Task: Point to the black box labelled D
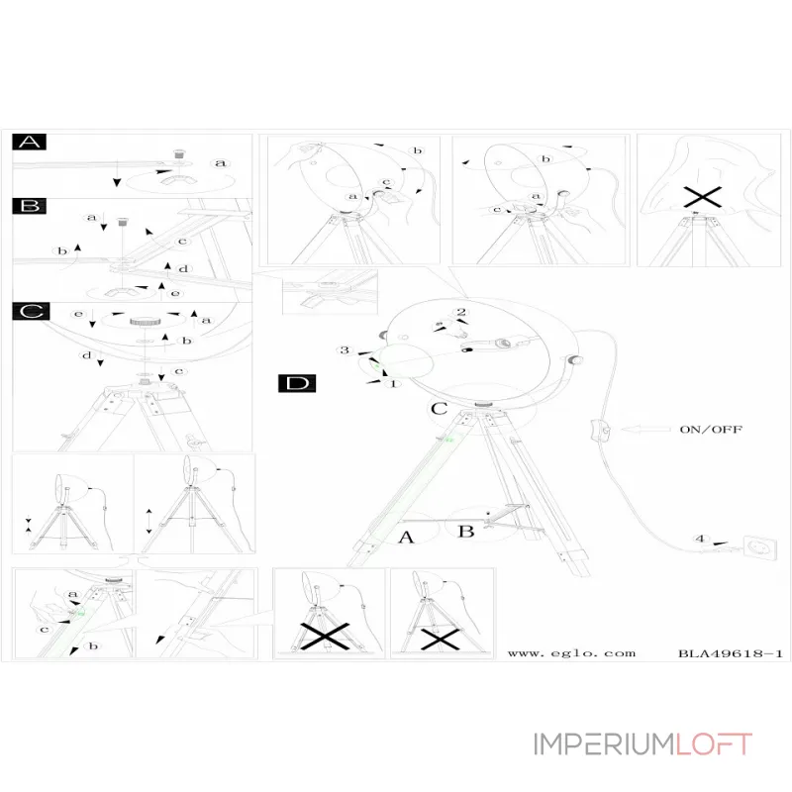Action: pyautogui.click(x=295, y=382)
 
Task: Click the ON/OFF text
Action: pyautogui.click(x=710, y=430)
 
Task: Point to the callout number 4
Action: pyautogui.click(x=700, y=540)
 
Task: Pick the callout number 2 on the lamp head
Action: pyautogui.click(x=461, y=313)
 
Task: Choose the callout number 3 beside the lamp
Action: pyautogui.click(x=345, y=351)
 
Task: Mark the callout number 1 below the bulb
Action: pyautogui.click(x=393, y=383)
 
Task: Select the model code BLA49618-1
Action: pyautogui.click(x=732, y=653)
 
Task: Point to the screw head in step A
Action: pyautogui.click(x=180, y=153)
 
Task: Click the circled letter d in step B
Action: pyautogui.click(x=184, y=269)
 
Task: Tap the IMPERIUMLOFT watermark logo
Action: pyautogui.click(x=643, y=743)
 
